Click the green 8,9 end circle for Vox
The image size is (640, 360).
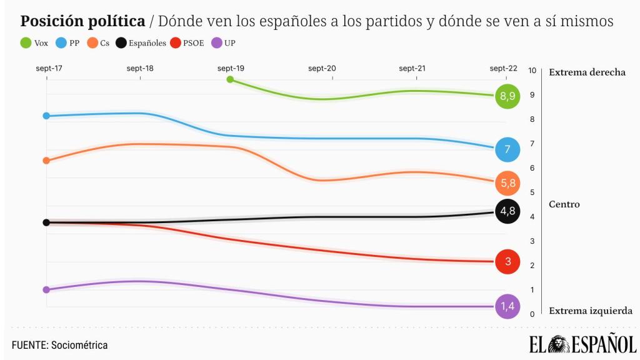507,96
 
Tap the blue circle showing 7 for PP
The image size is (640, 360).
507,149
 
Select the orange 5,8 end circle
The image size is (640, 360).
507,183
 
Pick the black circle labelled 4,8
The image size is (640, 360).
507,211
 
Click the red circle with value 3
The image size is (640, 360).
507,261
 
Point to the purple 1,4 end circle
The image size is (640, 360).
507,306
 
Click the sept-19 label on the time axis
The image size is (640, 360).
231,68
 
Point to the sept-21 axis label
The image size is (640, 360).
412,68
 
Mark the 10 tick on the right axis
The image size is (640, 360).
532,71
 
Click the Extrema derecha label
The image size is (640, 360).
587,72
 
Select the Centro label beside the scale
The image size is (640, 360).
564,204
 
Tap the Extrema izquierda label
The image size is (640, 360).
590,311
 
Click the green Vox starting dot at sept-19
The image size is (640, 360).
230,79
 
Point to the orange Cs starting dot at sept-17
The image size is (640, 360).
46,161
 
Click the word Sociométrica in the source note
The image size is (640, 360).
79,345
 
